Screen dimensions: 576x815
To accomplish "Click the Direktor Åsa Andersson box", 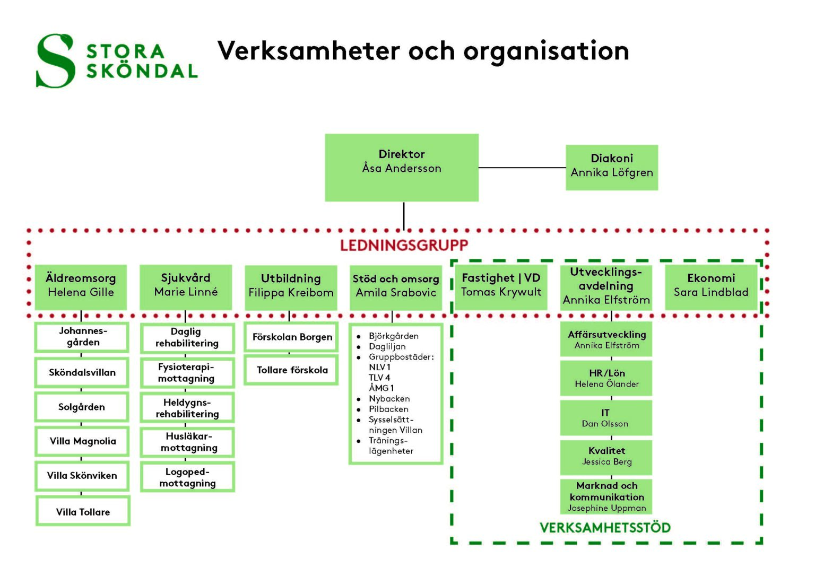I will tap(402, 167).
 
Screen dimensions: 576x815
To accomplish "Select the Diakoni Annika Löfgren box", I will tap(612, 167).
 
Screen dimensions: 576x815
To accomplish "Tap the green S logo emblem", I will tap(55, 60).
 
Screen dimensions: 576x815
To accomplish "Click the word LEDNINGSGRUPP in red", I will tap(404, 245).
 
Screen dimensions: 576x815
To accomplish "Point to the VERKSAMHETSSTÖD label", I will tap(605, 527).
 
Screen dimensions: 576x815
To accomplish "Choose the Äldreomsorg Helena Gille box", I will tap(81, 286).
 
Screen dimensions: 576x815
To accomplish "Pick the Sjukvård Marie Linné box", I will tap(186, 286).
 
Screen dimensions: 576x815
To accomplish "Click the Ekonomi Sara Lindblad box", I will tap(711, 286).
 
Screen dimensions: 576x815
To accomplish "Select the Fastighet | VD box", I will tap(501, 286).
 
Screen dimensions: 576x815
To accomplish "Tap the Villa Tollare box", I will tap(83, 511).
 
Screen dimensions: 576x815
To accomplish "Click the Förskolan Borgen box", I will tap(292, 337).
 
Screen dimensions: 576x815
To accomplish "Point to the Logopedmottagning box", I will tap(187, 477).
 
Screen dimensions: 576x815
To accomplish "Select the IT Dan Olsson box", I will tap(605, 418).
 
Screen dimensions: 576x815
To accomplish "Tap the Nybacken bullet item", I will tap(389, 399).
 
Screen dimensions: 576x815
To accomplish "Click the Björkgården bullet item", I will tap(393, 336).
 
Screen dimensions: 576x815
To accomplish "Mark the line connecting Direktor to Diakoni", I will tap(522, 168).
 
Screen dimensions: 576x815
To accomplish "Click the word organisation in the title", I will tap(546, 51).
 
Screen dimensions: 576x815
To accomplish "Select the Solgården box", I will tap(82, 407).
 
